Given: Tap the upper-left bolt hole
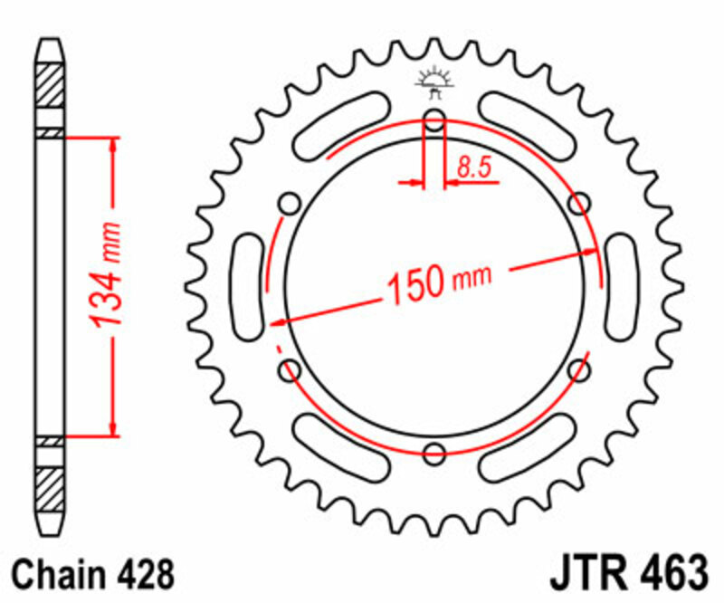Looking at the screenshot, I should [291, 202].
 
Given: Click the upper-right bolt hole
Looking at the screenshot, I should [579, 204].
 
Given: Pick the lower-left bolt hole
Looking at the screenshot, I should [291, 368].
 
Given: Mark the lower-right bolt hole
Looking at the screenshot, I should [580, 368].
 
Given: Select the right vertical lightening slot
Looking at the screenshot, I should [622, 285].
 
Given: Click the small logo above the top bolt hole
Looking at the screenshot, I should [434, 82].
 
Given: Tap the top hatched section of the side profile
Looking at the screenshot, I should [51, 86].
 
